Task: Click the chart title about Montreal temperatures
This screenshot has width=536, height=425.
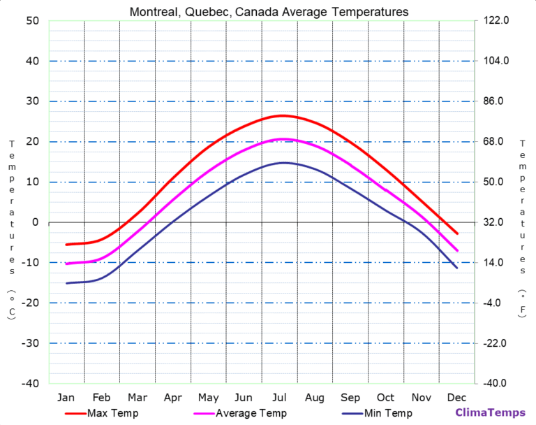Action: click(x=269, y=12)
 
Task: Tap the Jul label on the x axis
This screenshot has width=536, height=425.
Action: click(x=279, y=398)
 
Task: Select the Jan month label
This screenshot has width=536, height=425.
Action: click(x=66, y=398)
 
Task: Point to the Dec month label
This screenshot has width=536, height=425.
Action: click(x=457, y=398)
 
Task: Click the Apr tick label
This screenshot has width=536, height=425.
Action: click(x=172, y=398)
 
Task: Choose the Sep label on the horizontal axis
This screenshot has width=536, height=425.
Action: click(x=350, y=398)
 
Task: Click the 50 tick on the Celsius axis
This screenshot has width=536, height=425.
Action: click(x=32, y=21)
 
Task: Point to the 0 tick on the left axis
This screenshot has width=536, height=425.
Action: click(x=34, y=222)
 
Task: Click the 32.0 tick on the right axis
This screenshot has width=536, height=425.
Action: click(x=494, y=222)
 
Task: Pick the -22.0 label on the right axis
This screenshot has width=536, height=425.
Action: click(x=495, y=343)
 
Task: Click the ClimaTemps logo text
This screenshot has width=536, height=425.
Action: click(x=490, y=413)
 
